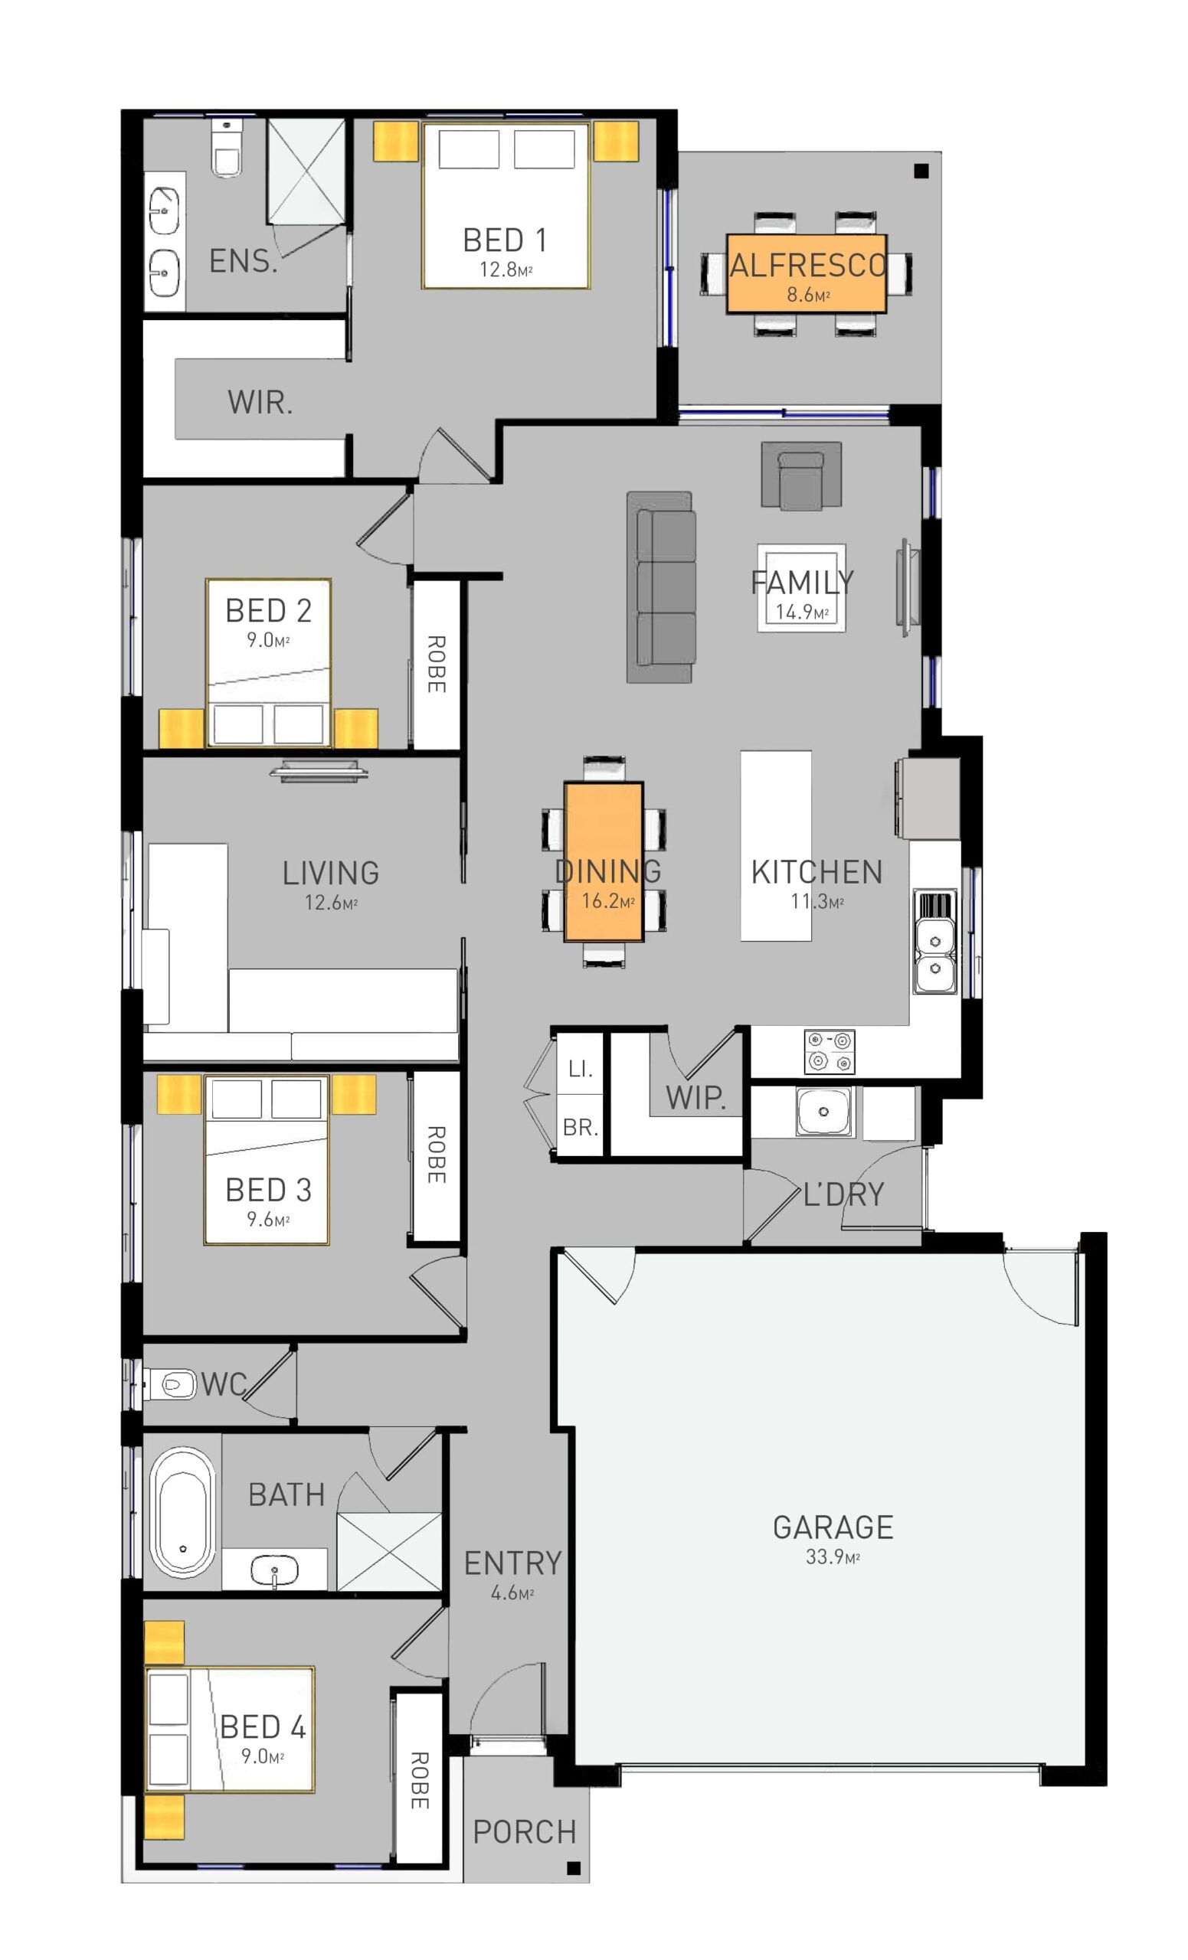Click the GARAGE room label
(833, 1527)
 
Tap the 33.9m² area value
(833, 1557)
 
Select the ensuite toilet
(227, 151)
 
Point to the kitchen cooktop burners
(829, 1050)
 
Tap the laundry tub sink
(823, 1111)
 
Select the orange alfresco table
(805, 273)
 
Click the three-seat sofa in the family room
(660, 587)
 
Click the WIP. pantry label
(695, 1098)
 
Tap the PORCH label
(525, 1832)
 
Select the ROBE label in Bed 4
(419, 1780)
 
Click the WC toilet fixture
(169, 1384)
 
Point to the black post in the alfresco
(921, 170)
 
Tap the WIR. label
(260, 403)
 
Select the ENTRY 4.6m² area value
(512, 1592)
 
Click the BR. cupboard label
(580, 1127)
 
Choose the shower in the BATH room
(388, 1551)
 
